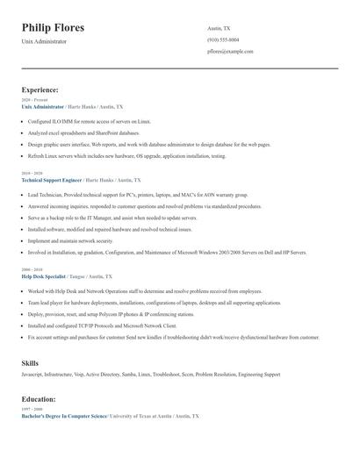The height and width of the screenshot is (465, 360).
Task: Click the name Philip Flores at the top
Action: coord(53,28)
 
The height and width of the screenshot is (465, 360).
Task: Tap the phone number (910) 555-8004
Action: coord(222,39)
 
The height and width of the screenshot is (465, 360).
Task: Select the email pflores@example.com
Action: coord(230,52)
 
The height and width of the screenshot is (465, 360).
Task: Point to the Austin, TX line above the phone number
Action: coord(219,28)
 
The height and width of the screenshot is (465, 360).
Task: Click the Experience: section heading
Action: coord(40,89)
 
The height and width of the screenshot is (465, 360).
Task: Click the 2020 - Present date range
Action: coord(32,100)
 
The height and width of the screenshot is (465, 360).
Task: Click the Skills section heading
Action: coord(30,362)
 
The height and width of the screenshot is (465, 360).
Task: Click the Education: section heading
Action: coord(39,399)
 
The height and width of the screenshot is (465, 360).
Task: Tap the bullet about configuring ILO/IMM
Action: coord(90,121)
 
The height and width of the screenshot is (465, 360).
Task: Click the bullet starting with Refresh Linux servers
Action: coord(126,155)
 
